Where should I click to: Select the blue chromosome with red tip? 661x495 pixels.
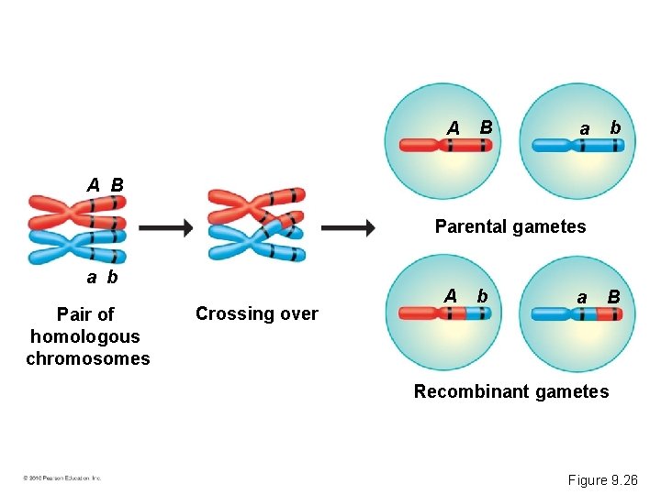point(577,314)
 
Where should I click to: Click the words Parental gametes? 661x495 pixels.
point(510,226)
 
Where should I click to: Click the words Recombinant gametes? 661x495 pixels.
point(510,392)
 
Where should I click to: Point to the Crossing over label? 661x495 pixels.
point(256,314)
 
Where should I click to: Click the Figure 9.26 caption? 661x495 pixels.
point(601,479)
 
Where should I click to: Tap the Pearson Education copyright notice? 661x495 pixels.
point(62,478)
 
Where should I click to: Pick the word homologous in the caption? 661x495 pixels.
point(84,336)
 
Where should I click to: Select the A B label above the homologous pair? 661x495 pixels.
point(105,185)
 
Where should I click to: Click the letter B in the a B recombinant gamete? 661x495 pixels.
point(613,297)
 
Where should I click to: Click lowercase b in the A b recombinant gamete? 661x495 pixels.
point(481,296)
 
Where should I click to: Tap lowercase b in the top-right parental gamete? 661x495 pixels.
point(615,127)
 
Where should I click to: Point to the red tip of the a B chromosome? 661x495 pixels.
point(610,314)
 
